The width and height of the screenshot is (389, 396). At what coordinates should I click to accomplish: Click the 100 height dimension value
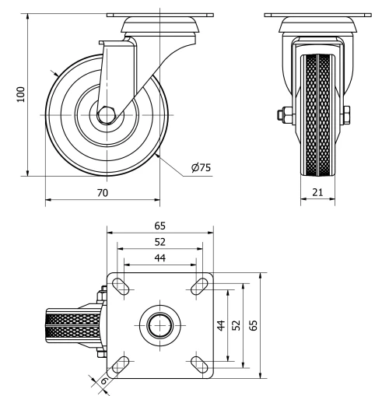(x=21, y=93)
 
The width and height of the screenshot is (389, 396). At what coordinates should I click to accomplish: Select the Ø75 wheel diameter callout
(x=201, y=166)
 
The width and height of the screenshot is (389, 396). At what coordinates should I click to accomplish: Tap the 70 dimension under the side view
(x=101, y=191)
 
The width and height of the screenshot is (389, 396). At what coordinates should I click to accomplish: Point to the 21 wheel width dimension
(x=317, y=191)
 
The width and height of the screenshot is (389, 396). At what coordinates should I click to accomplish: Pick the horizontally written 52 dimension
(x=159, y=241)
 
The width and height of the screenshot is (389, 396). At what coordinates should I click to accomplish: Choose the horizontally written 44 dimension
(x=159, y=258)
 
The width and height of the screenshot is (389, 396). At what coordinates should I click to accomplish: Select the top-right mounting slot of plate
(x=198, y=286)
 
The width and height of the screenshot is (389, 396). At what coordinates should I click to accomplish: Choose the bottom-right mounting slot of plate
(x=198, y=363)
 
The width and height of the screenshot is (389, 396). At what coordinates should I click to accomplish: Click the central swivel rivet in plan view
(x=159, y=324)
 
